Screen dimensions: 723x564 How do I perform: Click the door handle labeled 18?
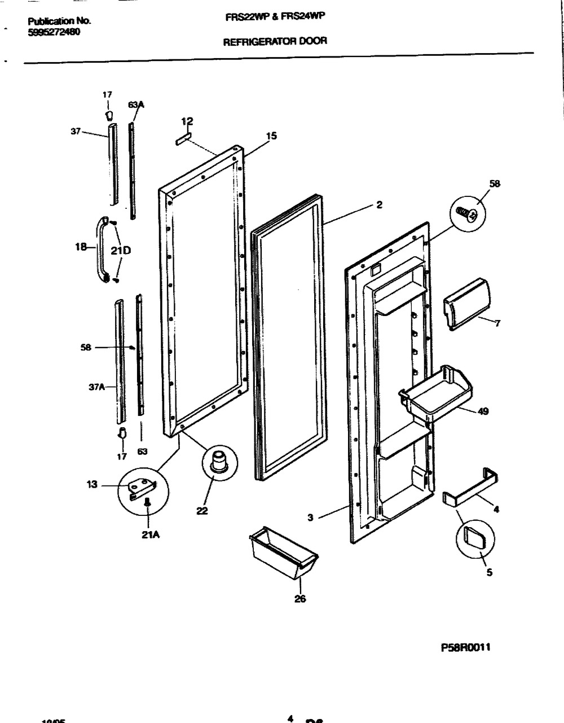[x=103, y=248]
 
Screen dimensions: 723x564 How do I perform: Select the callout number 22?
[x=202, y=511]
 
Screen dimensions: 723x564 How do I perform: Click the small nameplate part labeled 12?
[x=184, y=139]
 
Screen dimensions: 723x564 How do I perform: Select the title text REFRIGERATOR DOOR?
[x=275, y=41]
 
